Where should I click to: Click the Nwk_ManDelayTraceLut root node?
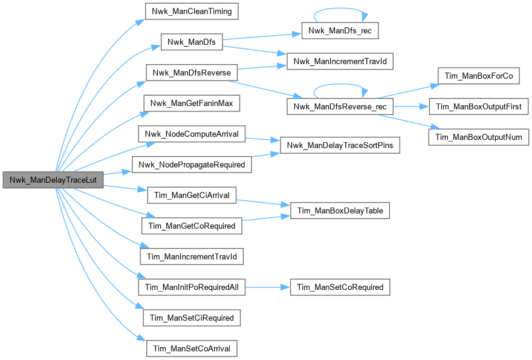53,180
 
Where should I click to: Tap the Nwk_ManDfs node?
192,42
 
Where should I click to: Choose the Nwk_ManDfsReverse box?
192,73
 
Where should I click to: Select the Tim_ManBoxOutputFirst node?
478,106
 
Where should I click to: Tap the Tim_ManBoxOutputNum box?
478,137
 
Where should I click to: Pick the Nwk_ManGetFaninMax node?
192,103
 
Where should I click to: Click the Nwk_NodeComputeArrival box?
192,134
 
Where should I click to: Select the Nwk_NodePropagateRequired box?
192,165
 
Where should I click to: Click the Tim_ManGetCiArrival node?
192,195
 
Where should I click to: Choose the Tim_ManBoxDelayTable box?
340,210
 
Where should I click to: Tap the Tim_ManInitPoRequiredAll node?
192,287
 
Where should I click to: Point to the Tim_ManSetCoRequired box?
340,287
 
